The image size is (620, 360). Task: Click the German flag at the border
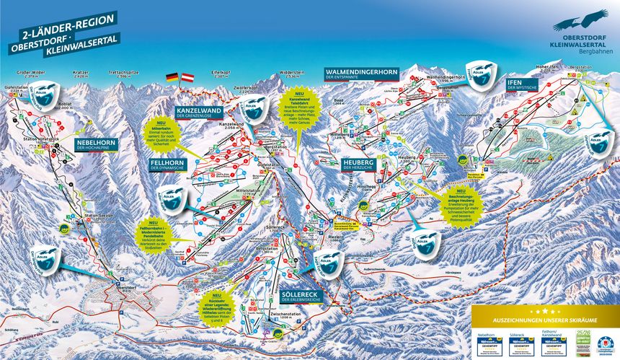(172, 76)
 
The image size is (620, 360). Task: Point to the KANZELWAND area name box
(197, 112)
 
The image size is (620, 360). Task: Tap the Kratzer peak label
(80, 74)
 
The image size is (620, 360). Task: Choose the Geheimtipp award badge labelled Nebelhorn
(487, 342)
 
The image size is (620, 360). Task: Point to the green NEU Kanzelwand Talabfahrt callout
(298, 109)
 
